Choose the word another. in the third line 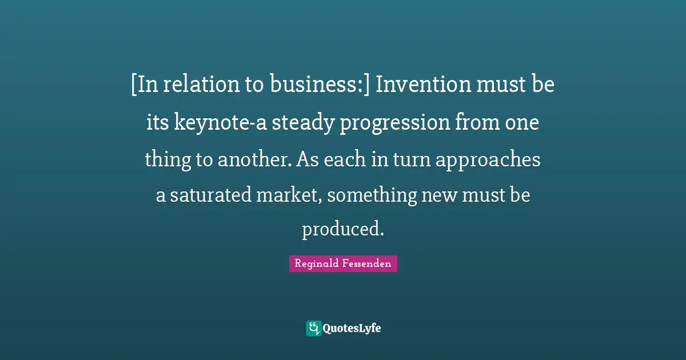pos(256,161)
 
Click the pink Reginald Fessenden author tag pos(343,263)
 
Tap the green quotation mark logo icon pos(313,328)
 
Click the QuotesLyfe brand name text pos(352,329)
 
